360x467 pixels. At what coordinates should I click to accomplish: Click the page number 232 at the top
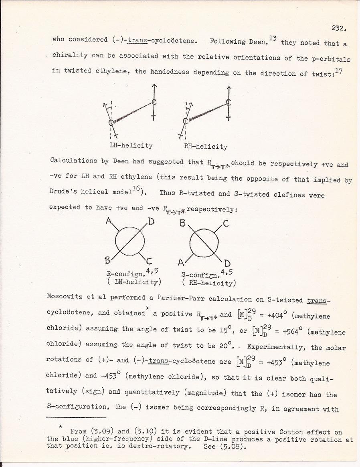339,28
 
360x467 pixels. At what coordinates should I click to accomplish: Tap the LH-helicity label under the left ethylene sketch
131,146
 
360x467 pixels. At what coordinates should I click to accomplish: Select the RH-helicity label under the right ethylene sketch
205,147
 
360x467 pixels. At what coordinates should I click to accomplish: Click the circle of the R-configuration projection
129,240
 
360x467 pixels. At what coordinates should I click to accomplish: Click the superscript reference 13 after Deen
273,38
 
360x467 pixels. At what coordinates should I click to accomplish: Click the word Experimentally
273,347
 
